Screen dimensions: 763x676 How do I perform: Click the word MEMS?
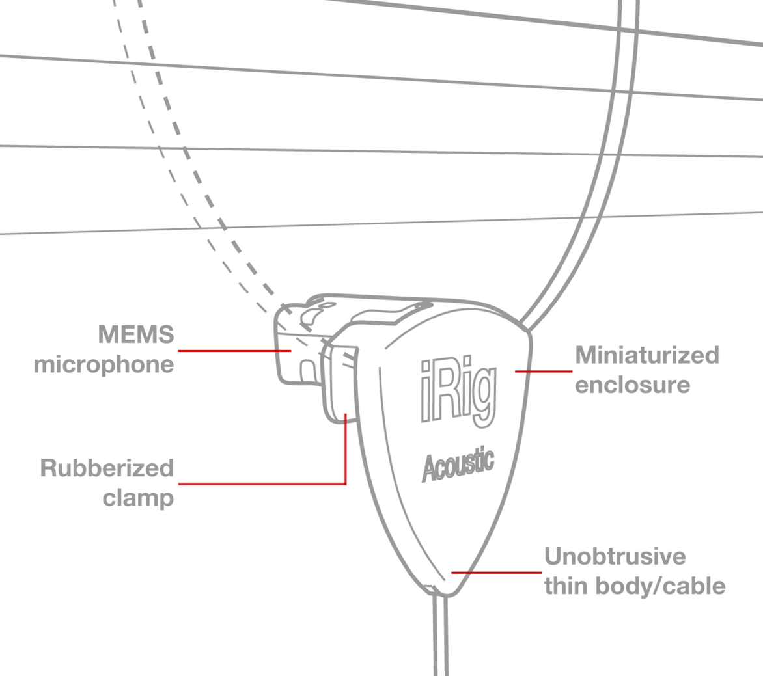click(x=136, y=334)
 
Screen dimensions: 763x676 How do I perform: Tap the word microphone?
click(x=104, y=365)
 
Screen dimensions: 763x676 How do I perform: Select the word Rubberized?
click(x=107, y=468)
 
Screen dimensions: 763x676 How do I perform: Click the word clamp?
click(x=138, y=498)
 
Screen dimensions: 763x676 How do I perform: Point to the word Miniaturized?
click(x=647, y=355)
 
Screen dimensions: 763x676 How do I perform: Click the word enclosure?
click(x=633, y=385)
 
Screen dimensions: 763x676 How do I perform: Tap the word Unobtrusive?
click(x=615, y=556)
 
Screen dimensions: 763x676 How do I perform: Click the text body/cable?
click(x=660, y=587)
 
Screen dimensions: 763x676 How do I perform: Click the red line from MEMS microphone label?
click(x=234, y=351)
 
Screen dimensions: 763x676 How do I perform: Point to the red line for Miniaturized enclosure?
click(x=544, y=372)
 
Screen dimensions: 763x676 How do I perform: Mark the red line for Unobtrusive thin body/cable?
click(x=496, y=573)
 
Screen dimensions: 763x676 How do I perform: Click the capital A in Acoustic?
click(x=430, y=468)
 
